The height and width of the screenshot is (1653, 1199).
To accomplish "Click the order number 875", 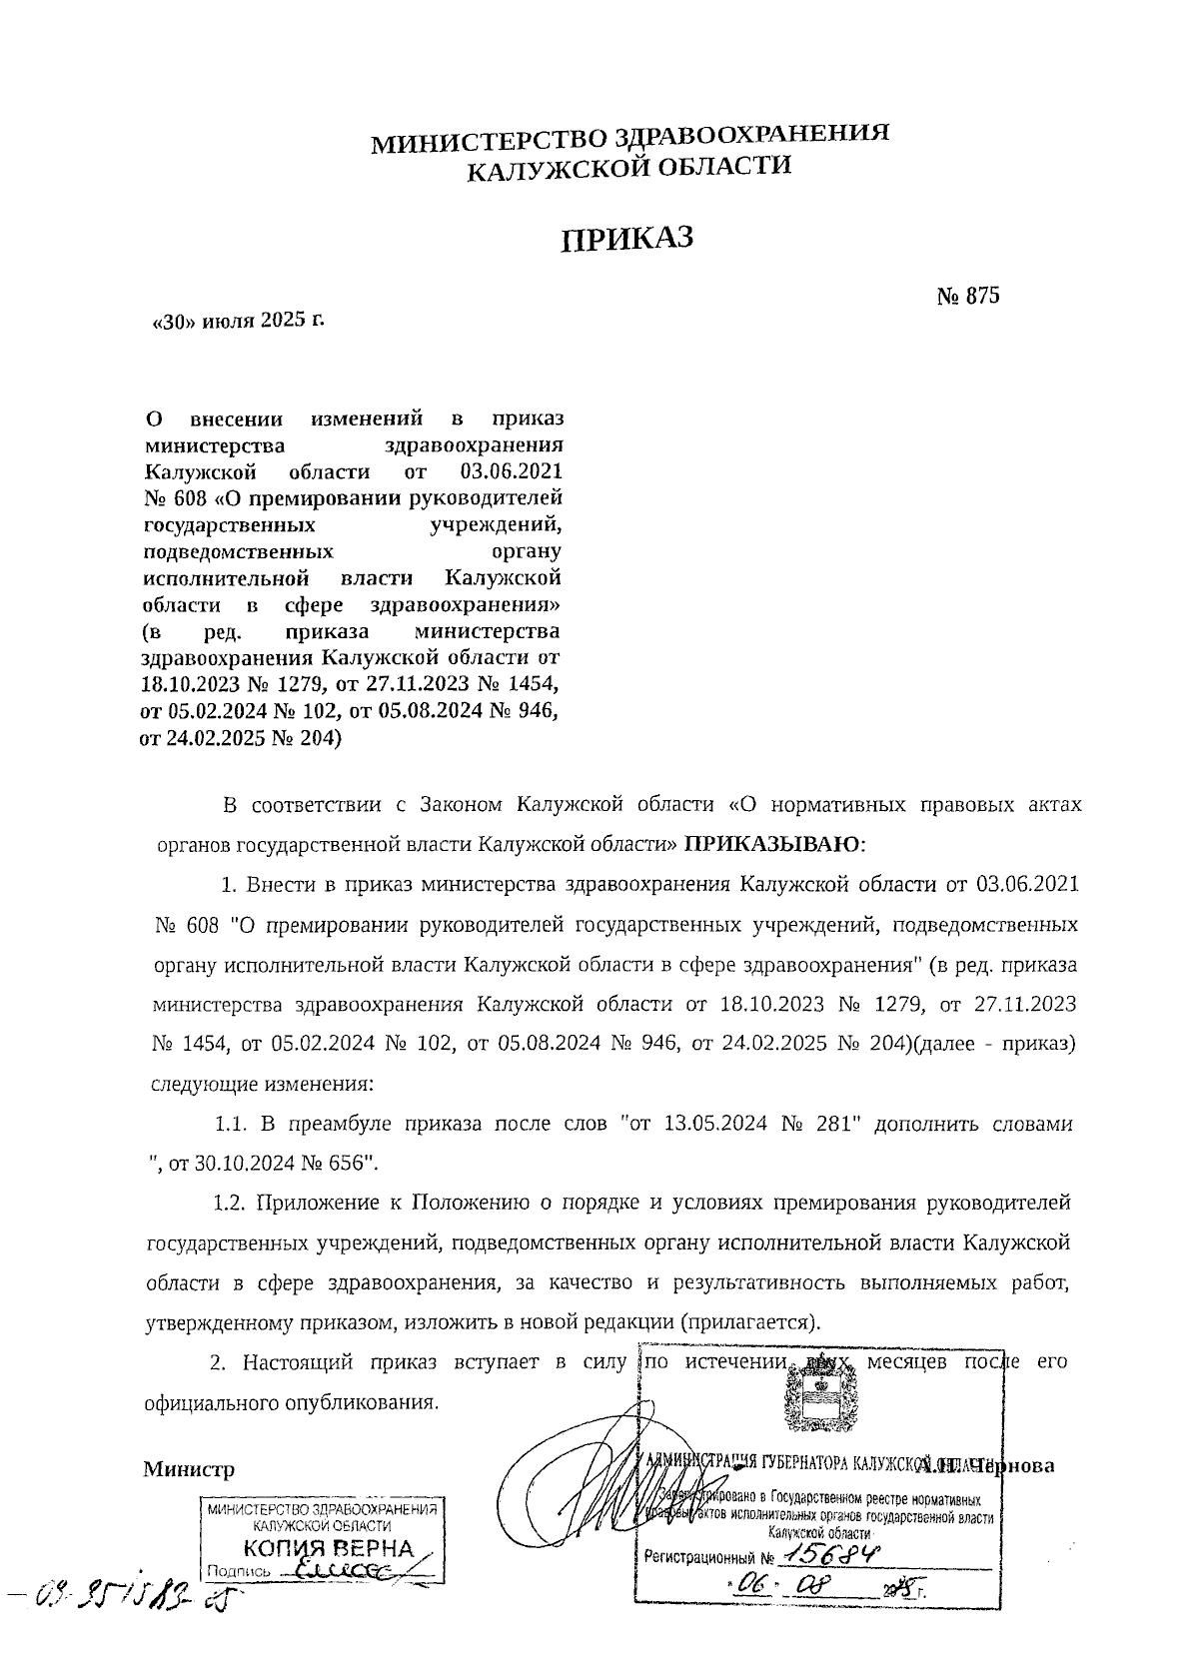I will pyautogui.click(x=982, y=296).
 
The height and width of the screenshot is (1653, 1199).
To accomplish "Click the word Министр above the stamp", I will pyautogui.click(x=189, y=1469).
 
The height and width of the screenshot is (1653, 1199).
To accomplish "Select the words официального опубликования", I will pyautogui.click(x=291, y=1402).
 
